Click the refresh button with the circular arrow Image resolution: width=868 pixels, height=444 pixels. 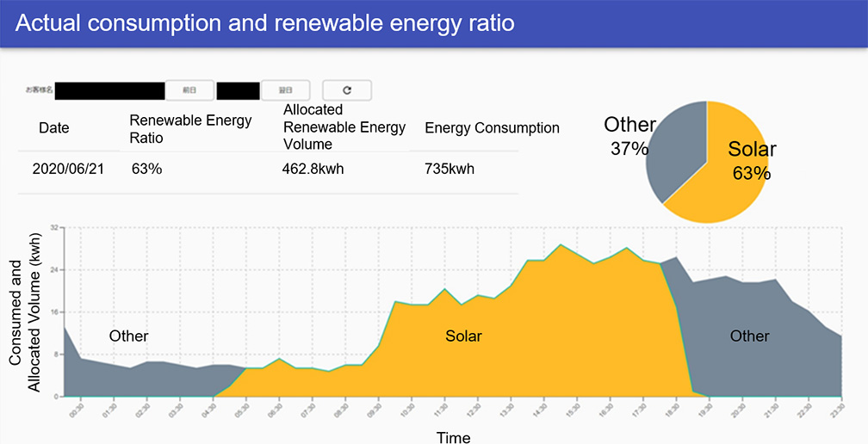point(347,89)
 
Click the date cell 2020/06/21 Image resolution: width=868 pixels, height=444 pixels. point(68,169)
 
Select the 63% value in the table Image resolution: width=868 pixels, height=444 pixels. point(146,169)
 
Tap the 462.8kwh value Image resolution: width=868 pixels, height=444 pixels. point(313,169)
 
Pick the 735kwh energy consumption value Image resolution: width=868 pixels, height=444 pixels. point(449,169)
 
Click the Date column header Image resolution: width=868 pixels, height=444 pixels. point(54,128)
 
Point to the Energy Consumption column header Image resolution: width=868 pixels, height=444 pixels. point(492,128)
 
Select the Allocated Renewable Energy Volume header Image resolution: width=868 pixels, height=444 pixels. point(344,126)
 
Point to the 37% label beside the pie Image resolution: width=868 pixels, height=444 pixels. point(629,149)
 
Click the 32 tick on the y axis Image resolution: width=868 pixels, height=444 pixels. point(53,228)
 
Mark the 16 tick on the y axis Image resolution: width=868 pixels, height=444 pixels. point(53,312)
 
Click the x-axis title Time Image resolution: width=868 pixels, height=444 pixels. point(453,437)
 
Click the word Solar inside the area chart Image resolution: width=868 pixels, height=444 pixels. point(463,336)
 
